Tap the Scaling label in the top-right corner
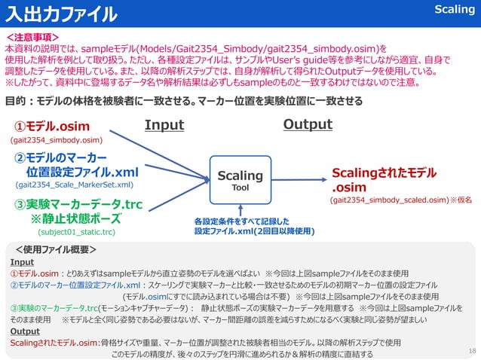tap(455, 10)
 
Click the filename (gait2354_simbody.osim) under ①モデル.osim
tap(56, 140)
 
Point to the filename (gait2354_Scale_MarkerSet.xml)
tap(75, 184)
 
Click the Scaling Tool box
tap(240, 180)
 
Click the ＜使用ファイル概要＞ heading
tap(60, 248)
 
